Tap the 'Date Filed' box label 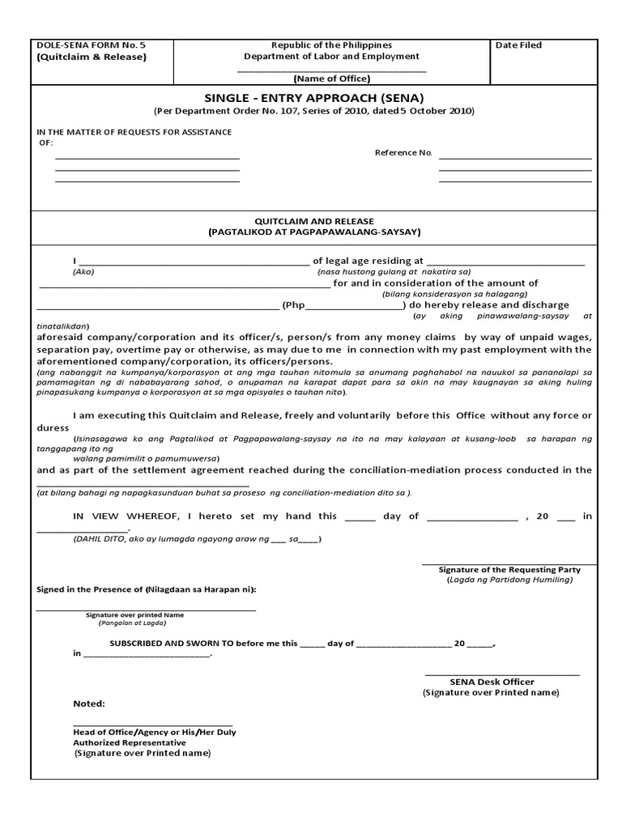point(518,45)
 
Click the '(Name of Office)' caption point(331,79)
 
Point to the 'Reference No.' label point(403,153)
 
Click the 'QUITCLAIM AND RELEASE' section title point(314,221)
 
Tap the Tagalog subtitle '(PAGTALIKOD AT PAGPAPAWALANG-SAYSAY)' point(314,232)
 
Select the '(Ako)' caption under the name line point(83,272)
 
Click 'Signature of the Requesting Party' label point(509,570)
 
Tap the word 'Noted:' point(89,704)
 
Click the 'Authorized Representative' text point(130,742)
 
